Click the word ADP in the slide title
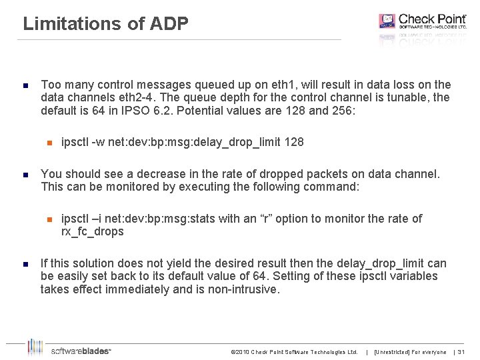click(170, 24)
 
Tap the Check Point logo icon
click(387, 21)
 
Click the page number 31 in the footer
click(461, 352)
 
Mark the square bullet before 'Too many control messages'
click(24, 86)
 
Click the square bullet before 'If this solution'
click(24, 264)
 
